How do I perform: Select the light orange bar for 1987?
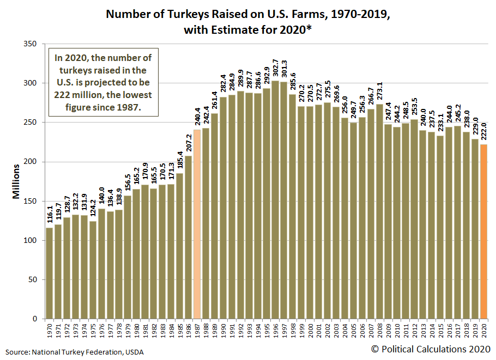[197, 224]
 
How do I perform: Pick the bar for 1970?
[50, 273]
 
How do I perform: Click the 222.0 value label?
[484, 133]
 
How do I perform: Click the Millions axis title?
[16, 181]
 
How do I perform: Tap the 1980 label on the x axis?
[137, 330]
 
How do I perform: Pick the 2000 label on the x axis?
[311, 330]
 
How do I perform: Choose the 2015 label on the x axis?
[441, 330]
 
